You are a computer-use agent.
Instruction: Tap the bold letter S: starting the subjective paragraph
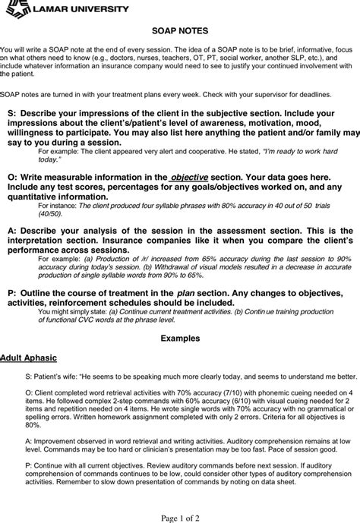click(x=11, y=112)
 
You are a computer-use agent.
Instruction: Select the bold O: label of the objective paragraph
click(x=11, y=176)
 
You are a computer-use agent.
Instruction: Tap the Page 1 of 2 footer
click(x=179, y=516)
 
